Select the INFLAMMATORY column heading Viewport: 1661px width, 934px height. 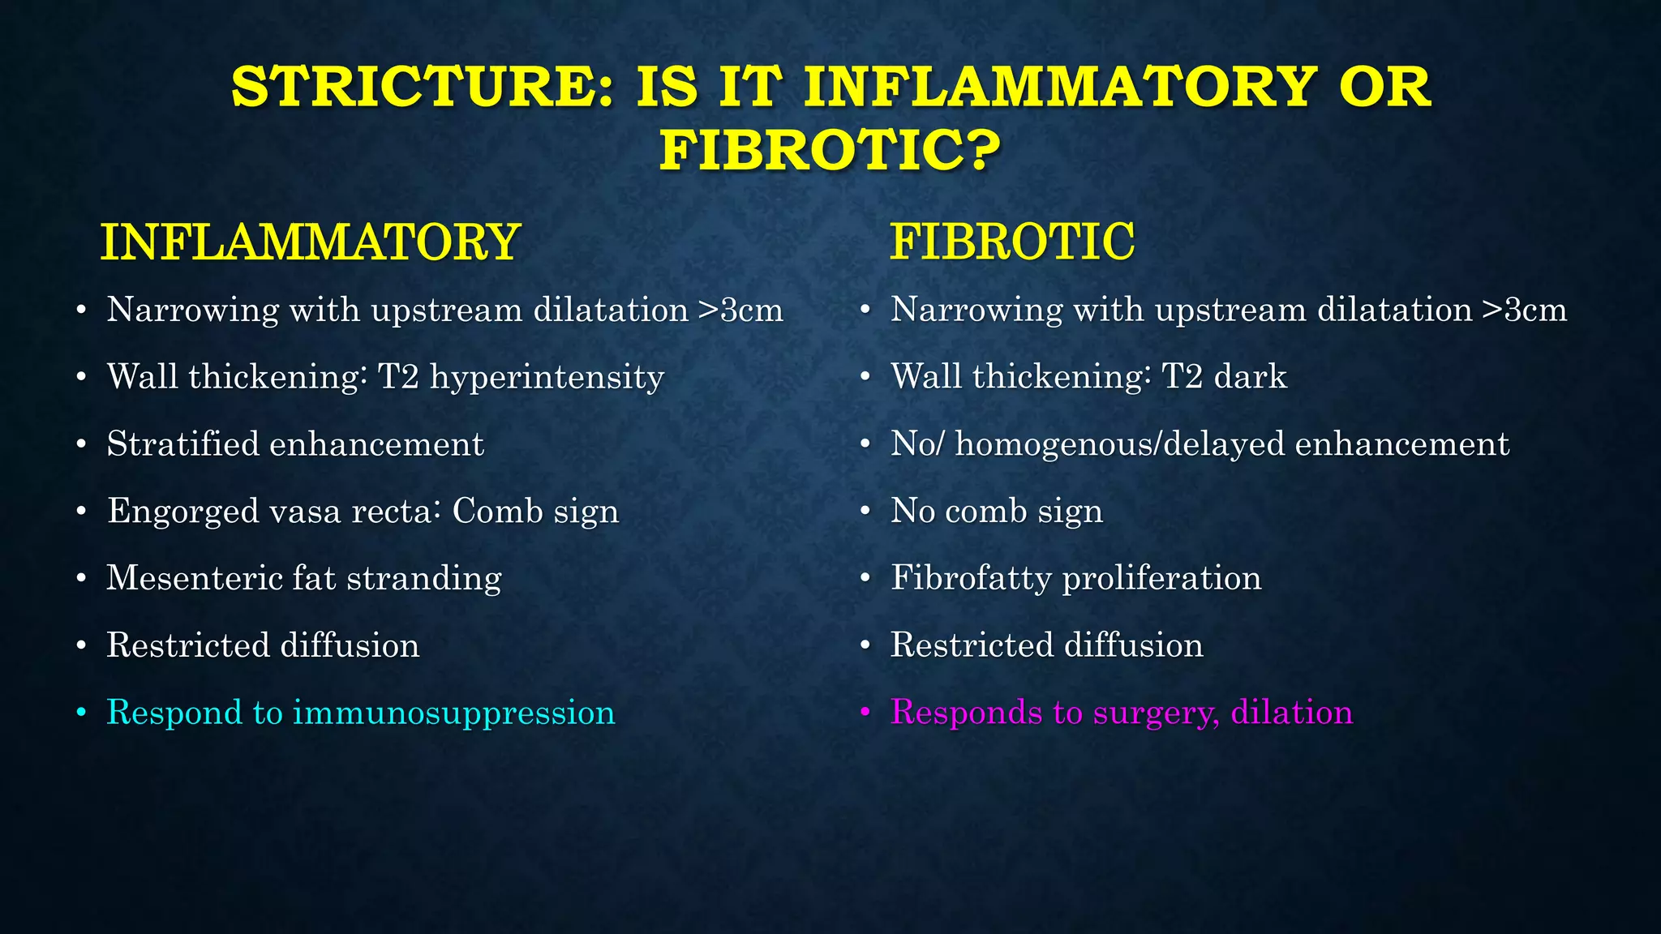coord(309,242)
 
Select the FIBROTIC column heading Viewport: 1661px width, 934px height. coord(1011,242)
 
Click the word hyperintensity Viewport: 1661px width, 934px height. coord(547,378)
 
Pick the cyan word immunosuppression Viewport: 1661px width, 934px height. coord(453,713)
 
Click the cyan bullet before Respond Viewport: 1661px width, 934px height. coord(80,713)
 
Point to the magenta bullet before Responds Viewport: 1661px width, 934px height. coord(865,713)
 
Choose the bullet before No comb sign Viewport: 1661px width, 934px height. coord(865,512)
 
